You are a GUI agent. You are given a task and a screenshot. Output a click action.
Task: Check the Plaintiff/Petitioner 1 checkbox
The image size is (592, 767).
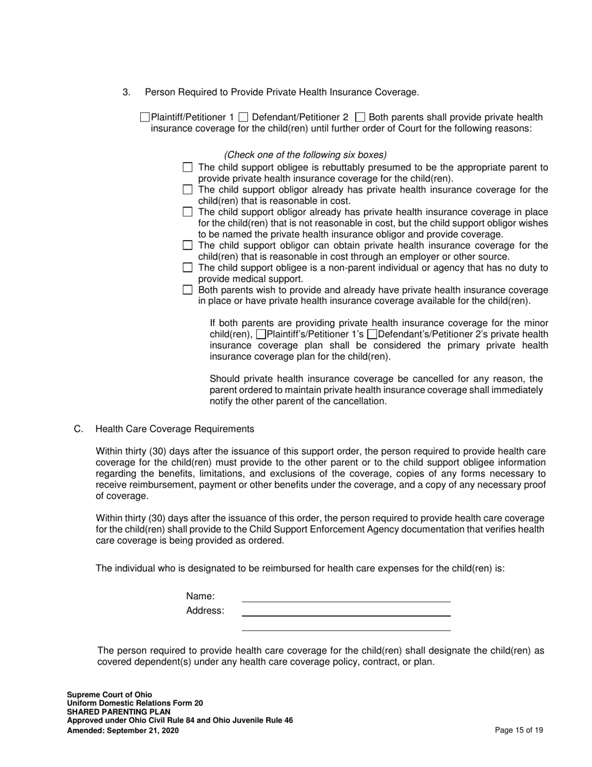tap(145, 117)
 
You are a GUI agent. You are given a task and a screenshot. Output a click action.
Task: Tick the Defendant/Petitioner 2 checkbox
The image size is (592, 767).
tap(244, 117)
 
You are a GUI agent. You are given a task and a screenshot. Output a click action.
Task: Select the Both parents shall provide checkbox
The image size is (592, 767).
tap(360, 117)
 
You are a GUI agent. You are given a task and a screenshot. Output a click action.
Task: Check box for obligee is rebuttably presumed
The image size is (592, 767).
tap(188, 167)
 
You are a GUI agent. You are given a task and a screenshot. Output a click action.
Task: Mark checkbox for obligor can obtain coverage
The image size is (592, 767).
tap(188, 245)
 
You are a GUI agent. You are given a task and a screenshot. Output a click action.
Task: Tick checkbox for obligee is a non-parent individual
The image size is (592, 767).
tap(188, 268)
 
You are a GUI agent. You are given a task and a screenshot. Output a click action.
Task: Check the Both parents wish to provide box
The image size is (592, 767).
tap(188, 290)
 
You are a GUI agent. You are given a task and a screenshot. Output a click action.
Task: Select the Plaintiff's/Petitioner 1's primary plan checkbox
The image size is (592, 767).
tap(260, 334)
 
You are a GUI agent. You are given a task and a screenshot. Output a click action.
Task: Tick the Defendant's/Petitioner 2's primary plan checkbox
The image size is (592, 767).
tap(372, 334)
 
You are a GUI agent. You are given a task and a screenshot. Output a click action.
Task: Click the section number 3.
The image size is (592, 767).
tap(127, 92)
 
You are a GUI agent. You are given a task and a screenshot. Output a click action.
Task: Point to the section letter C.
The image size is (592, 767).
tap(78, 429)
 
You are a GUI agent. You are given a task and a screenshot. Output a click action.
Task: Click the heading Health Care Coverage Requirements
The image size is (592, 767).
tap(174, 429)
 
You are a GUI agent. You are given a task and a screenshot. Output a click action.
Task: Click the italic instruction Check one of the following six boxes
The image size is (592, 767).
tap(305, 155)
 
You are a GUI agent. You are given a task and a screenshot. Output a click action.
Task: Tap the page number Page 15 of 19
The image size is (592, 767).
tap(518, 730)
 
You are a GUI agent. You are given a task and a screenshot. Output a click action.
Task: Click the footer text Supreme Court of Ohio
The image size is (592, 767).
tap(109, 694)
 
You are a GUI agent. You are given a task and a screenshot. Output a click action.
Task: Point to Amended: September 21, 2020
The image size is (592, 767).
tap(123, 730)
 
